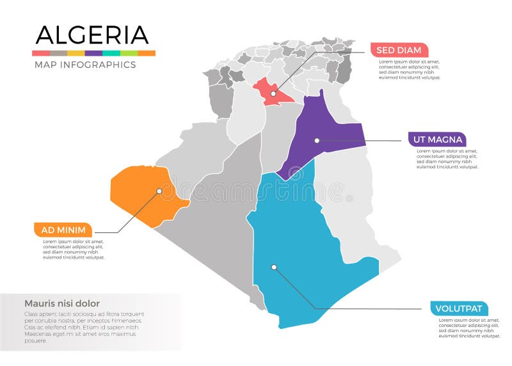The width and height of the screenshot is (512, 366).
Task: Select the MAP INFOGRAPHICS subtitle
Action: coord(84,65)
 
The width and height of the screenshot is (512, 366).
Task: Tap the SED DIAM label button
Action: coord(399,51)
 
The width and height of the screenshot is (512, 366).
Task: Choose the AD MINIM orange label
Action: coord(63,230)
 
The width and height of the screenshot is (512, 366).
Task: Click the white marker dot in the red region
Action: coord(273,93)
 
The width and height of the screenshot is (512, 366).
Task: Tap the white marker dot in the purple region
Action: coord(316,140)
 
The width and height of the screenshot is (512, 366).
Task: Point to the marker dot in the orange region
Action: coord(159,190)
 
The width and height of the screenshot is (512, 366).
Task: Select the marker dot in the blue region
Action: coord(273,267)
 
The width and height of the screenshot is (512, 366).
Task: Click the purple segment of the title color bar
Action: coord(93,53)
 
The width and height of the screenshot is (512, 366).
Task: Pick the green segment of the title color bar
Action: coord(129,53)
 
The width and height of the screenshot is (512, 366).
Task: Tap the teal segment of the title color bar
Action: coord(111,53)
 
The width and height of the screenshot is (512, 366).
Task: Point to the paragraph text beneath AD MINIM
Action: coord(73,250)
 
